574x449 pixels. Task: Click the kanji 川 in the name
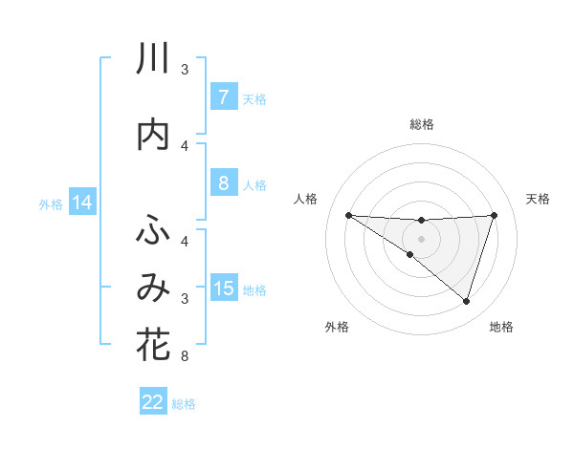[153, 60]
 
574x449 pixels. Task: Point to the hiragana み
[153, 288]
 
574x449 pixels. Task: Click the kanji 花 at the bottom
[153, 345]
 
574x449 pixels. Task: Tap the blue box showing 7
[223, 97]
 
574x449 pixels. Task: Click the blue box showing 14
[81, 203]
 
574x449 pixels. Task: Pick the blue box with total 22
[153, 402]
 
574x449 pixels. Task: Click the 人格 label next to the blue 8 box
[254, 184]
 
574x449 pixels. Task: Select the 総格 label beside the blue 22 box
[184, 403]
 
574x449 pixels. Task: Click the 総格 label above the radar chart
[421, 124]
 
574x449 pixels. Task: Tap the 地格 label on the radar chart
[501, 328]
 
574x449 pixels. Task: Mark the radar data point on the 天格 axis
[494, 215]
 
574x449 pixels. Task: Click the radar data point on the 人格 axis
[348, 215]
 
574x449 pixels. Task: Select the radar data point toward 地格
[466, 301]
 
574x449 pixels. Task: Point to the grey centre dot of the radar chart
[421, 238]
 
